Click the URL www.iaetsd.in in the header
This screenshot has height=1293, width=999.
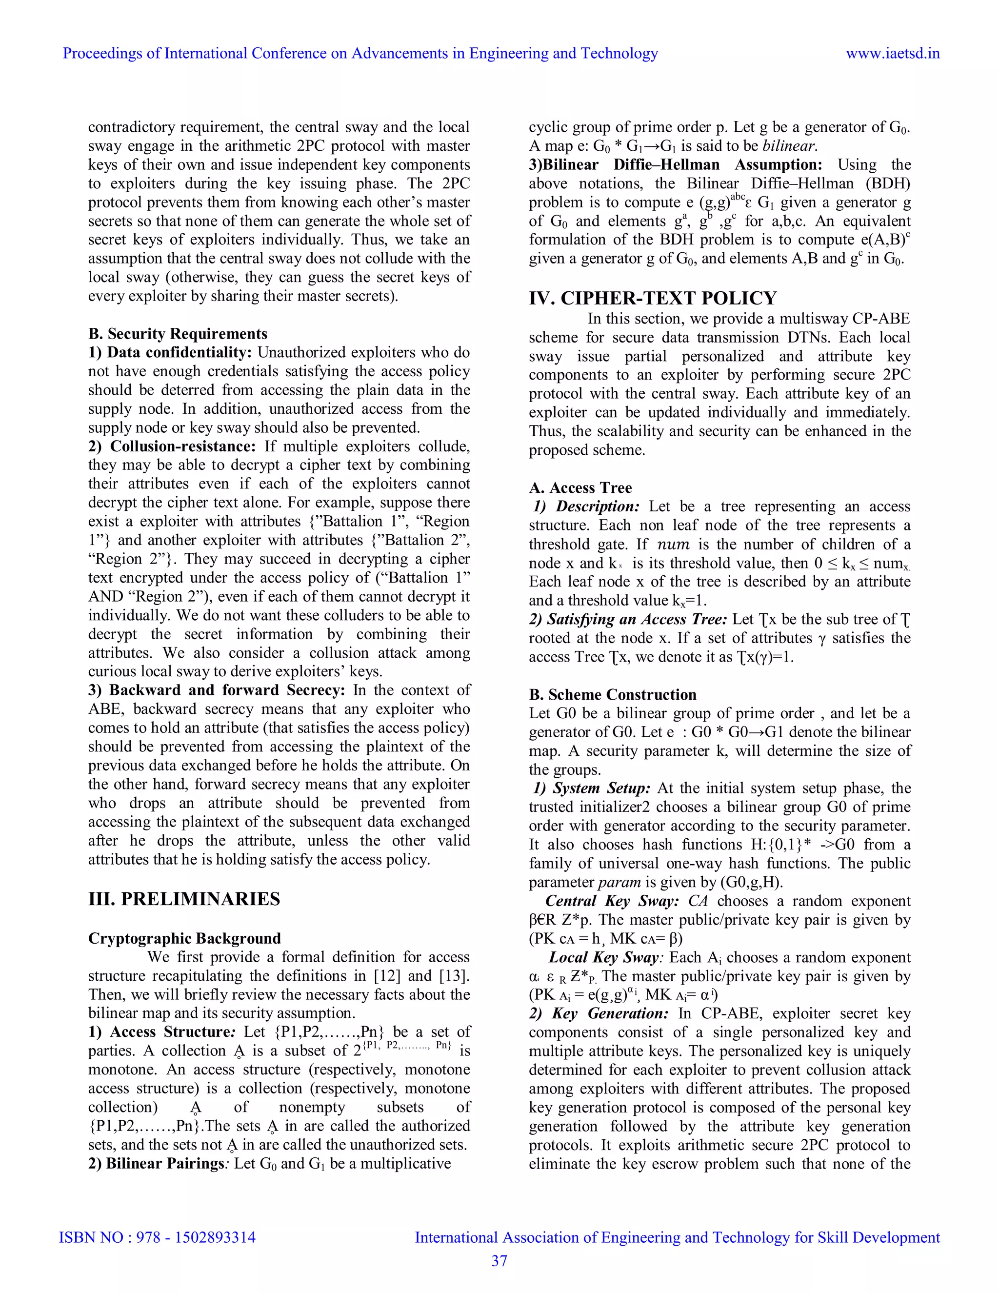(x=893, y=53)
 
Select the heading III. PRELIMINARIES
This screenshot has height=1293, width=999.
(x=184, y=899)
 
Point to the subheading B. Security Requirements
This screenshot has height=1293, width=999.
(x=178, y=333)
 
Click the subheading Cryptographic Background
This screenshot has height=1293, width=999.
(x=184, y=938)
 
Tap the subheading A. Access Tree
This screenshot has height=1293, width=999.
(x=580, y=488)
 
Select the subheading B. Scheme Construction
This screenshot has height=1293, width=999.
(x=613, y=694)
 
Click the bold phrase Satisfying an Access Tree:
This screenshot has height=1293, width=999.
(x=627, y=619)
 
